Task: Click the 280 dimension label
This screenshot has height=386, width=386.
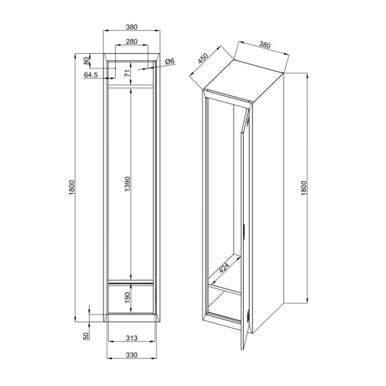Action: (131, 41)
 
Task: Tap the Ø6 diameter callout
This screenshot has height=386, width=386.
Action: (170, 61)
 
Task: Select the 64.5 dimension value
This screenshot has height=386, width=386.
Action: (91, 74)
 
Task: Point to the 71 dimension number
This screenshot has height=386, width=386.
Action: (127, 73)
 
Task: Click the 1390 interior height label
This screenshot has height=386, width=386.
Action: (127, 184)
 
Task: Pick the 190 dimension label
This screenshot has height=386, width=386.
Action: (127, 298)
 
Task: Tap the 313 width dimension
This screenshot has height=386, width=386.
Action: (131, 338)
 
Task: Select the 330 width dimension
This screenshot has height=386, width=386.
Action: (132, 355)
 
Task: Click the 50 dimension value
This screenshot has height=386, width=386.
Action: (86, 336)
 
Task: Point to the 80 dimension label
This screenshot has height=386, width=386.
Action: (87, 61)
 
